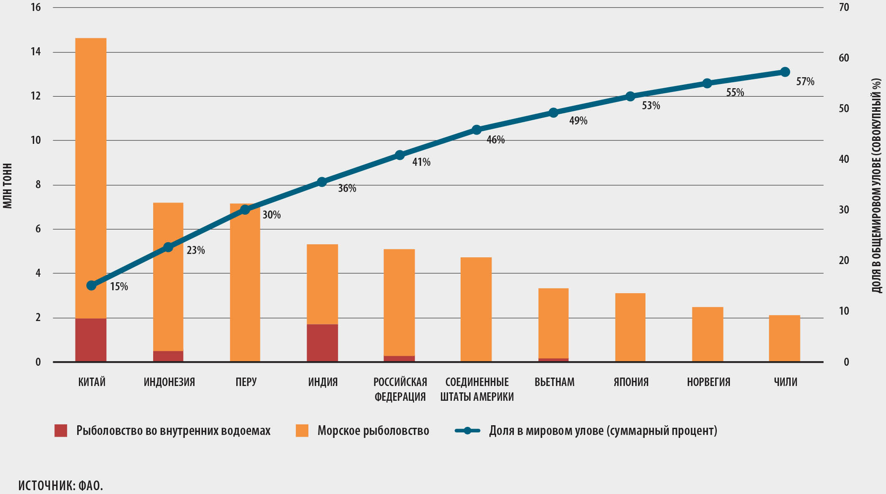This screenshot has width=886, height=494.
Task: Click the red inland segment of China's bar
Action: pos(91,340)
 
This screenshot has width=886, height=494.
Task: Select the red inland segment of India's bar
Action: pos(322,343)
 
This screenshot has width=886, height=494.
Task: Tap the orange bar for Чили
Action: pos(784,338)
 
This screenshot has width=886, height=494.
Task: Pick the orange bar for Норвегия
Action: pos(708,334)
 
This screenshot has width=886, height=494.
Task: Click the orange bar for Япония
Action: pos(630,327)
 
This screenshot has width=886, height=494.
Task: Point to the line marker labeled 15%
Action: pos(91,286)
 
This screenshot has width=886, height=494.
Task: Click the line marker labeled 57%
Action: pos(785,72)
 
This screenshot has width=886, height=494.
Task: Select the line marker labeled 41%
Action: pos(400,155)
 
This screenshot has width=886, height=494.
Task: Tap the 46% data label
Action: pos(495,140)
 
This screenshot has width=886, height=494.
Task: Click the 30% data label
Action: pos(271,215)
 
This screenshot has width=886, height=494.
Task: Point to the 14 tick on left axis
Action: pos(36,52)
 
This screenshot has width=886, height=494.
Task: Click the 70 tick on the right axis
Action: pos(844,7)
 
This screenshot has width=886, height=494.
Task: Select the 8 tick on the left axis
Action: pos(38,185)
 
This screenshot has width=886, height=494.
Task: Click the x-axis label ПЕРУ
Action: pos(246,382)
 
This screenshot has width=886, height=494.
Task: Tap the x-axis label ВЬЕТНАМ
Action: pos(554,382)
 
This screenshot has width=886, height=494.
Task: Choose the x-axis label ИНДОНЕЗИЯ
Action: pos(169,382)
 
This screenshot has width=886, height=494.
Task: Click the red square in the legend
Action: pos(61,430)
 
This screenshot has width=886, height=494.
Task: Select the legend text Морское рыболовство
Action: pos(373,430)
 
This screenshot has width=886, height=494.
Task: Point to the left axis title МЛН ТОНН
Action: pos(8,186)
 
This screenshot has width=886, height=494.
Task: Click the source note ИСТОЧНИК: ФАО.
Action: pos(61,486)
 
